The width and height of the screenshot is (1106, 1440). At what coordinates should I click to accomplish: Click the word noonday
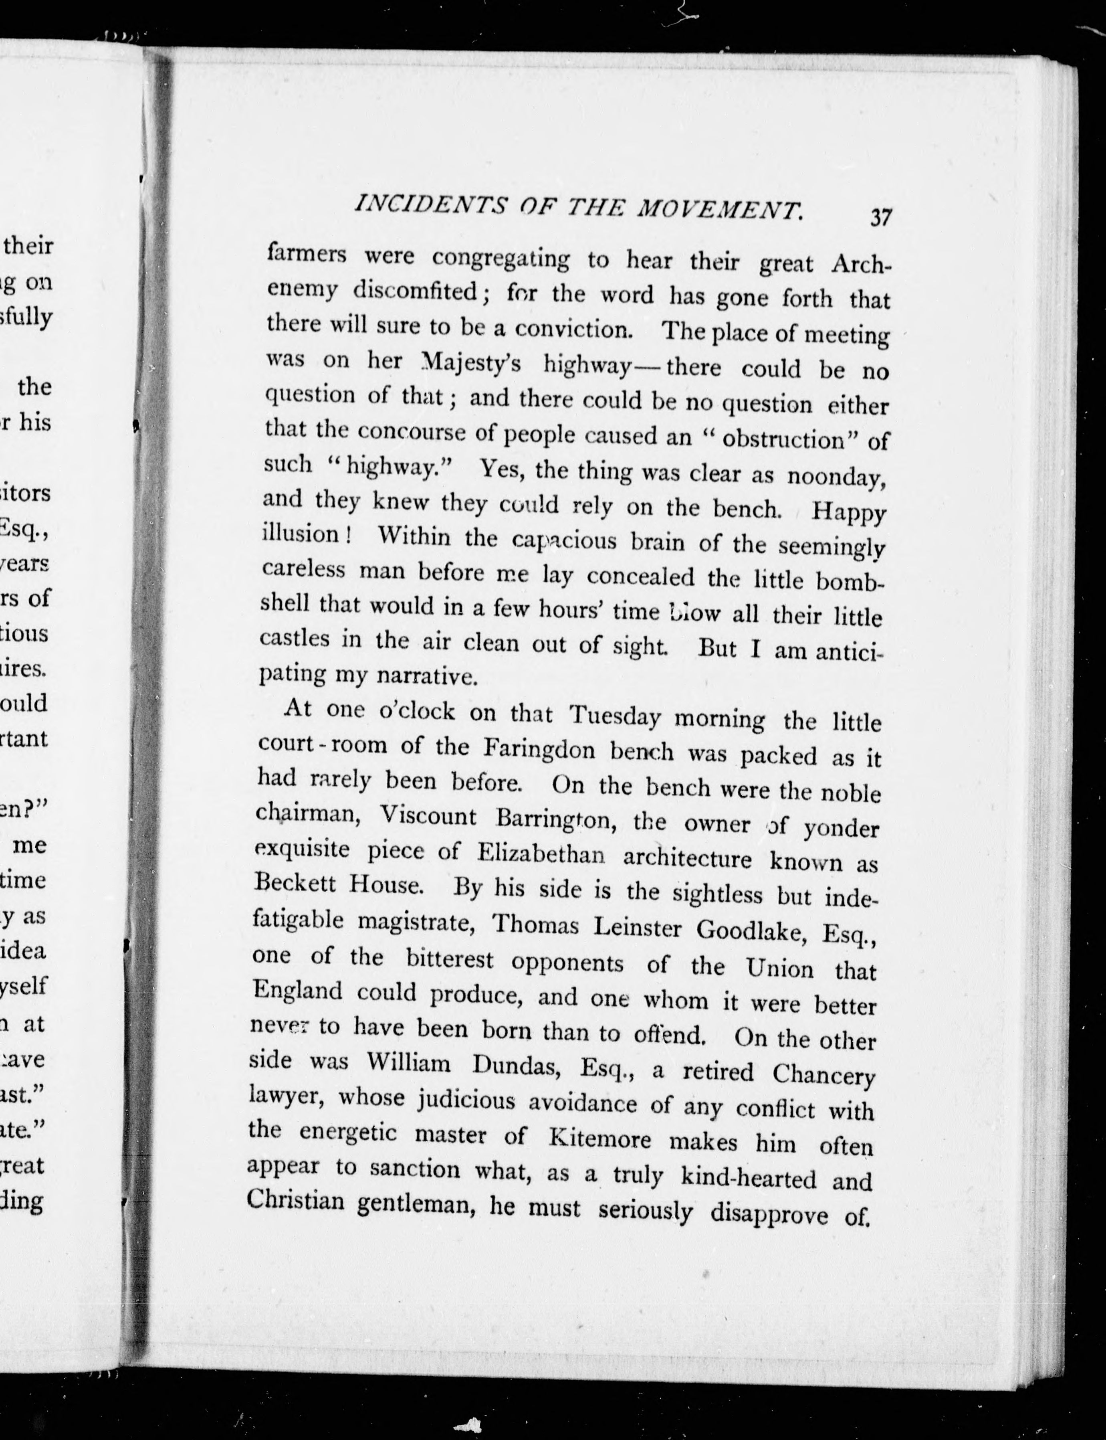(x=836, y=476)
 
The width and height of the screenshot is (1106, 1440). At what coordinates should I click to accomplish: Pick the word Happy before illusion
(x=849, y=512)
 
